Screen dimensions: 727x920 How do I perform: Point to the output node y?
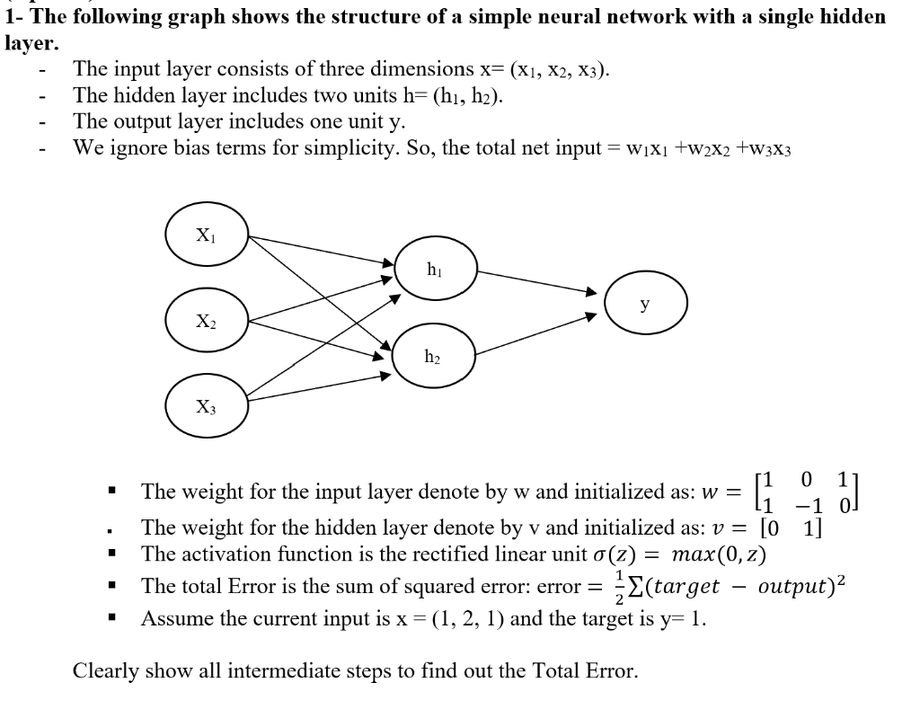point(645,305)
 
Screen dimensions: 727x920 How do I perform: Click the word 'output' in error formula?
point(793,587)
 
